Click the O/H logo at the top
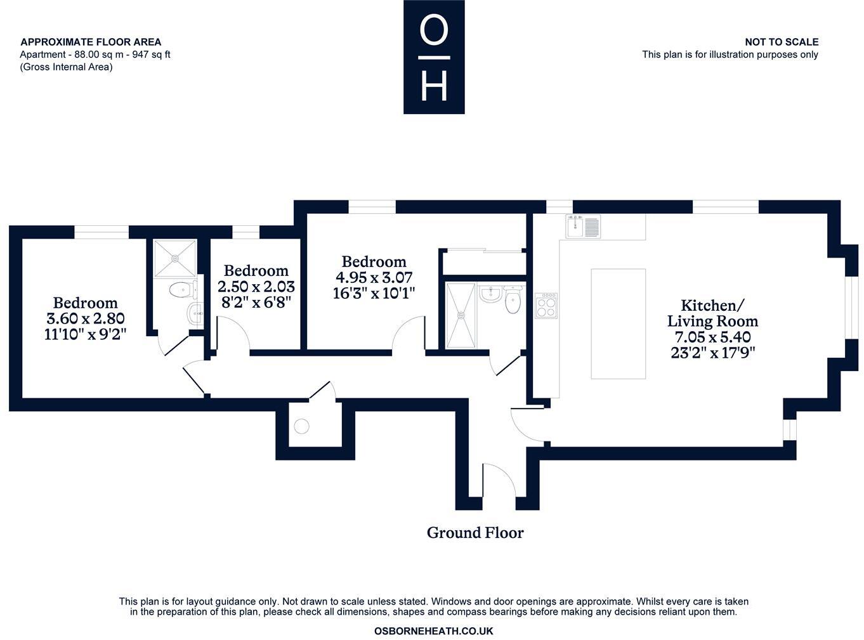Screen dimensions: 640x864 pyautogui.click(x=434, y=57)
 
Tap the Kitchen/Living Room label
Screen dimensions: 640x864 pyautogui.click(x=712, y=313)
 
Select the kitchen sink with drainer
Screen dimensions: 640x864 pyautogui.click(x=583, y=226)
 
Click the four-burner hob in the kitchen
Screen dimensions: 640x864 pyautogui.click(x=546, y=306)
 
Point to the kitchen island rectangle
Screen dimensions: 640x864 pyautogui.click(x=618, y=323)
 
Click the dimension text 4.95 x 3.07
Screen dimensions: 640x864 pyautogui.click(x=373, y=277)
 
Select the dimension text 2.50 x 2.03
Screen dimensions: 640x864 pyautogui.click(x=256, y=287)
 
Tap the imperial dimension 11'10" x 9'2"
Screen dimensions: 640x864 pyautogui.click(x=85, y=334)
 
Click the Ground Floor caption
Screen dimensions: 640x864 pyautogui.click(x=475, y=533)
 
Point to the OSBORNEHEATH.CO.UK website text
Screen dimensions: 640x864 pyautogui.click(x=433, y=631)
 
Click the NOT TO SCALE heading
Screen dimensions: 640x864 pyautogui.click(x=781, y=42)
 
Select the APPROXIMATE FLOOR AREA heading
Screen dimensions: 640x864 pyautogui.click(x=91, y=42)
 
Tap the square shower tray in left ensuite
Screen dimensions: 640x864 pyautogui.click(x=174, y=258)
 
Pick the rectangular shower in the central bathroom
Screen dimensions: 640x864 pyautogui.click(x=461, y=315)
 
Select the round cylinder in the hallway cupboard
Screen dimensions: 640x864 pyautogui.click(x=301, y=426)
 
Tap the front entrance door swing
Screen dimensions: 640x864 pyautogui.click(x=498, y=479)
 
